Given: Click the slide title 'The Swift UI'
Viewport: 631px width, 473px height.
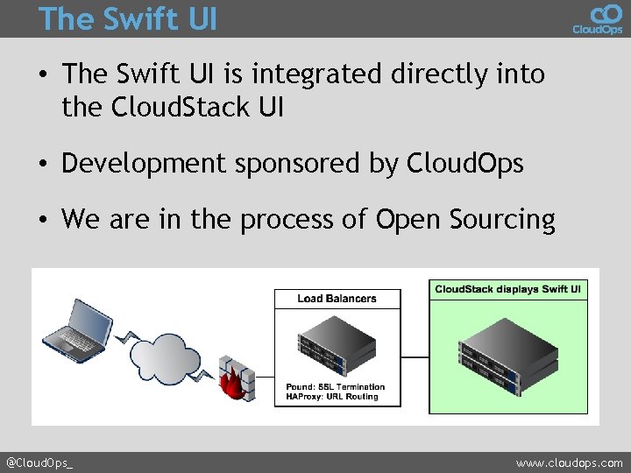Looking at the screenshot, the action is (x=128, y=18).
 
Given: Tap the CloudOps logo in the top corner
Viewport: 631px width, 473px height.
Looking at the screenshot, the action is (x=598, y=18).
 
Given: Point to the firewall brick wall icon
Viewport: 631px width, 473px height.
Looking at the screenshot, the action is (x=234, y=377).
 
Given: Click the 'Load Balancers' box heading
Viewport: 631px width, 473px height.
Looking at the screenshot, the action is (x=337, y=299).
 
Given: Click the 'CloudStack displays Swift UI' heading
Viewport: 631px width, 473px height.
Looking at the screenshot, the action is (x=508, y=289).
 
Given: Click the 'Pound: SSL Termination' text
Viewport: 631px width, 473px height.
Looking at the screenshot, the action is (x=335, y=386).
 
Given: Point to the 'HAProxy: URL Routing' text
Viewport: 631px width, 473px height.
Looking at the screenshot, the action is (x=332, y=397).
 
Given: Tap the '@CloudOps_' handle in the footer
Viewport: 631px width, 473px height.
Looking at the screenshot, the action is (x=39, y=462).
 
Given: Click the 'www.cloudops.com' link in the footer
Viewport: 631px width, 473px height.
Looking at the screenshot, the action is (x=570, y=462).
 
